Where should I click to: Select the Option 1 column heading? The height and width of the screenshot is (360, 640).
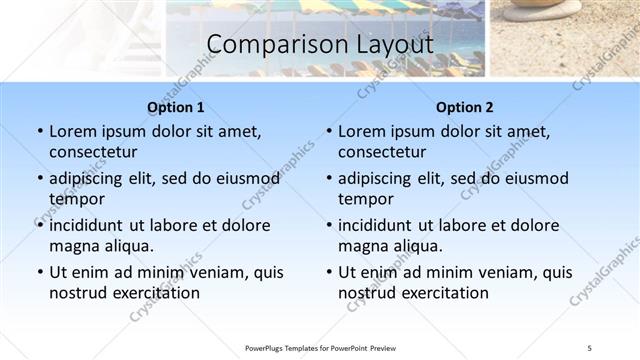(175, 107)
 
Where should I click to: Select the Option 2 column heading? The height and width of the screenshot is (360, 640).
(465, 107)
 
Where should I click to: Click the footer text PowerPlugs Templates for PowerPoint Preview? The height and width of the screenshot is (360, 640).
(320, 348)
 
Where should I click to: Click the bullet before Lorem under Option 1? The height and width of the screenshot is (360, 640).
(39, 131)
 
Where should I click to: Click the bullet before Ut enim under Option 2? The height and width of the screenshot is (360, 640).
(328, 272)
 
